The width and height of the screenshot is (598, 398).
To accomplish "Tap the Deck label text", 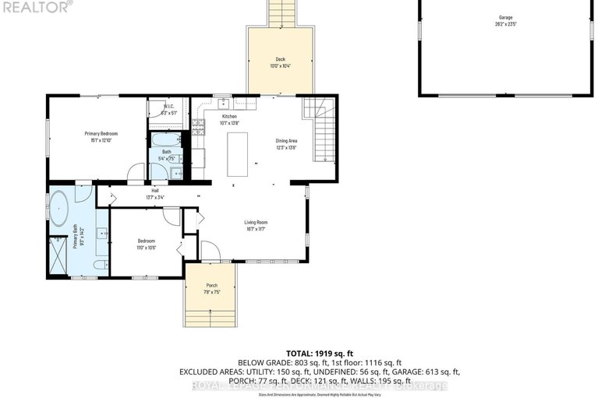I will click(280, 60).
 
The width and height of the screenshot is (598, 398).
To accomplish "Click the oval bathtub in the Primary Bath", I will click(59, 209).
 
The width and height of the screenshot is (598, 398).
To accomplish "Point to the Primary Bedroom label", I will click(101, 134).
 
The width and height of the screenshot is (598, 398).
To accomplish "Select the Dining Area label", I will click(286, 141).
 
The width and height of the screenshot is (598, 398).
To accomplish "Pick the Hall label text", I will click(154, 191).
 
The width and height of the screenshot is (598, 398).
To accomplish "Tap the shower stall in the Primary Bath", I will click(58, 253).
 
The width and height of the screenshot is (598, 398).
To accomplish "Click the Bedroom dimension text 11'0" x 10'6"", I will click(147, 248).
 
